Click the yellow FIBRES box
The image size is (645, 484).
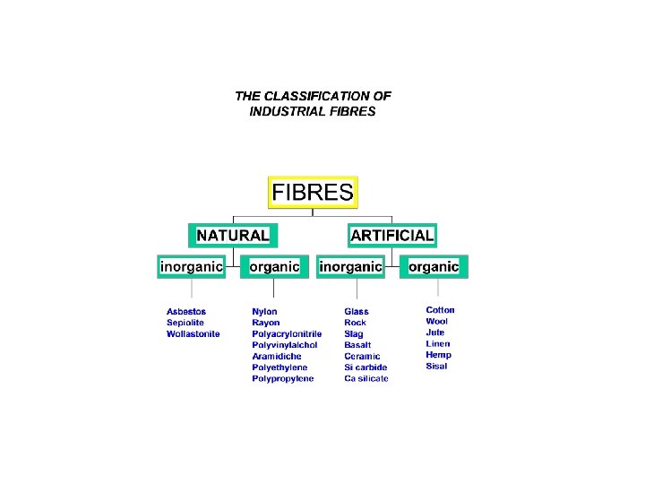[x=313, y=192]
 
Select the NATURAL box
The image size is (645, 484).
[x=232, y=236]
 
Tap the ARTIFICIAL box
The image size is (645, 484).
[x=392, y=236]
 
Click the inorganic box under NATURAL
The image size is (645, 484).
[x=191, y=266]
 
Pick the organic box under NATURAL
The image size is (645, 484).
[x=274, y=266]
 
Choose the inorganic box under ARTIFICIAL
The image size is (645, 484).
[x=351, y=266]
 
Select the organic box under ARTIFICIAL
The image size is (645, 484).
[x=434, y=266]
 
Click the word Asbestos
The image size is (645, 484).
[x=186, y=312]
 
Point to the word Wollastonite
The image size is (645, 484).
[x=193, y=334]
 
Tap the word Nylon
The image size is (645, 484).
[x=264, y=312]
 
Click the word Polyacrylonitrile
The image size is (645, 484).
[x=287, y=334]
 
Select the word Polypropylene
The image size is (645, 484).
[x=283, y=379]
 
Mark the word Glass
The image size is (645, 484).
[x=357, y=312]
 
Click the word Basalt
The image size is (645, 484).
[x=357, y=345]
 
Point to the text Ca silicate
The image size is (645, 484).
[x=366, y=379]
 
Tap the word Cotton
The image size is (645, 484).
[x=440, y=310]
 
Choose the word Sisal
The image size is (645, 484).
[x=436, y=367]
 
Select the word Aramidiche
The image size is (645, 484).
[x=277, y=357]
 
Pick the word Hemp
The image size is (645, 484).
[x=438, y=355]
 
